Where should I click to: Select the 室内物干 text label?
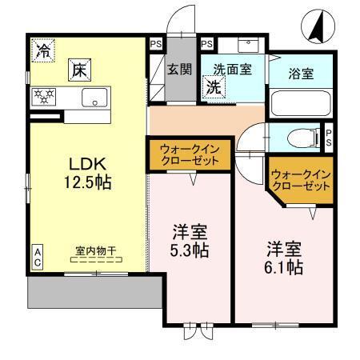coord(95,250)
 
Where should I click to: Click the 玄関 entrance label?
coord(178,69)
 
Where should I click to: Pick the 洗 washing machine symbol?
coord(214,86)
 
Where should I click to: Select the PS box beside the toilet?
coord(328,137)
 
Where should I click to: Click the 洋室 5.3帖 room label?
coord(190,242)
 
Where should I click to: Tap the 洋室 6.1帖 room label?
coord(284,258)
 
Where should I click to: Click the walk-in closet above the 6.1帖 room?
coord(301,179)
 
